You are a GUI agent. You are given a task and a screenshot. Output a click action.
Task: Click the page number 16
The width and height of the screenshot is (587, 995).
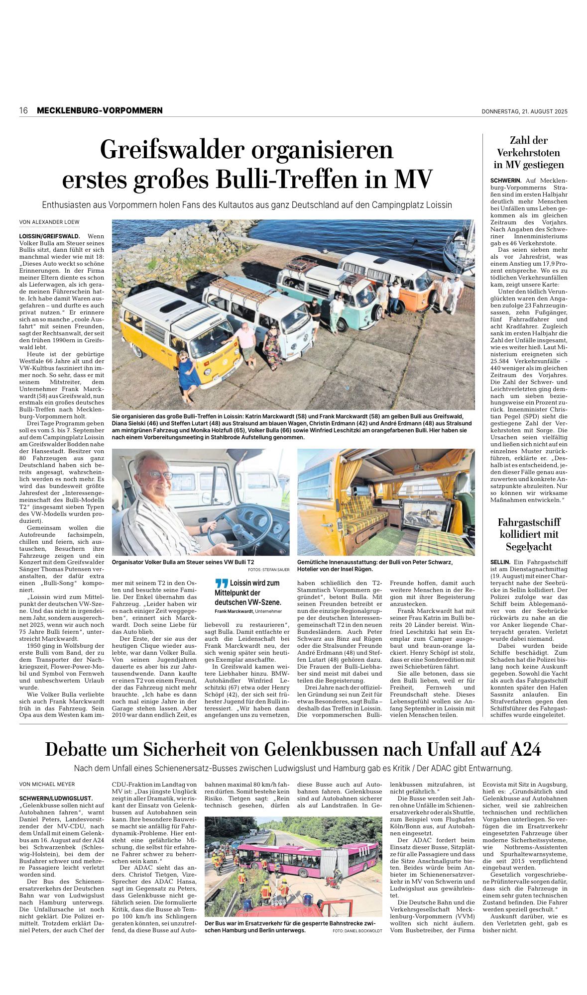[23, 110]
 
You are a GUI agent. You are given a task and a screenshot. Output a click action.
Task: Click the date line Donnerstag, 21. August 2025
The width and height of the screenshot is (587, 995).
[524, 111]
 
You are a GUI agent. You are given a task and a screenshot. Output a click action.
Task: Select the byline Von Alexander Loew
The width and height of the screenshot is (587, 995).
[49, 222]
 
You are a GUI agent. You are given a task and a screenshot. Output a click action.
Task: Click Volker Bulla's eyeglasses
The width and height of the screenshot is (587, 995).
[158, 475]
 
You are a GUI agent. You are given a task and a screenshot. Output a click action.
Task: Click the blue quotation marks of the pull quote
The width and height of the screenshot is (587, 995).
[222, 584]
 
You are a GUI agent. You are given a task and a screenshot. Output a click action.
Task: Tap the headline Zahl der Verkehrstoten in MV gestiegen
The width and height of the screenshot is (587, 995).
[528, 152]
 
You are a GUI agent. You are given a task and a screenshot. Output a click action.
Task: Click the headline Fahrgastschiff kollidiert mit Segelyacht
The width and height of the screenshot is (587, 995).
[529, 534]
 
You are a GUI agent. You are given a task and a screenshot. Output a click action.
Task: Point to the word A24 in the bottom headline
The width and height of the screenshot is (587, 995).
[526, 749]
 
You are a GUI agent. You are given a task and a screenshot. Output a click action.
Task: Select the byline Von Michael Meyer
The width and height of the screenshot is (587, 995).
[47, 785]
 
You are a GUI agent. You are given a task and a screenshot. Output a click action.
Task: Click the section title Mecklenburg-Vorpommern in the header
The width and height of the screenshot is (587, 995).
[100, 110]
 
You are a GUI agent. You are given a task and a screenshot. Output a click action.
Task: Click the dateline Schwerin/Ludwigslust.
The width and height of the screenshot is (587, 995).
[55, 797]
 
